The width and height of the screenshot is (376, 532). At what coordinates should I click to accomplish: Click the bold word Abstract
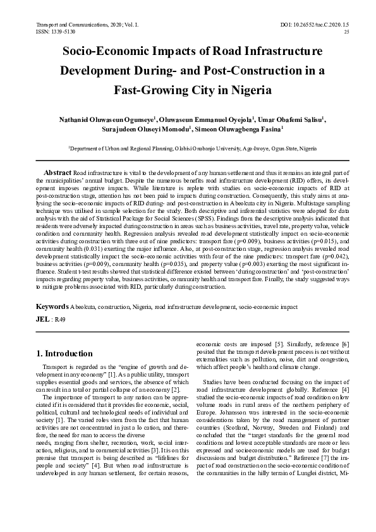(x=58, y=172)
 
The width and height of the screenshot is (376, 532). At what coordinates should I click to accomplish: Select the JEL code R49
(x=60, y=319)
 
